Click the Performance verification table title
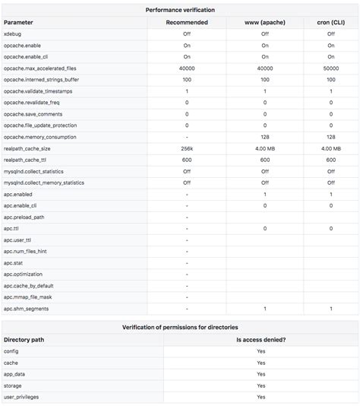click(x=180, y=10)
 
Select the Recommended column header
click(x=187, y=23)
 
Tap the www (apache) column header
click(x=264, y=23)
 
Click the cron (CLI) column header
click(x=330, y=23)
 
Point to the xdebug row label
click(x=13, y=34)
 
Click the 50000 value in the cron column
click(x=330, y=68)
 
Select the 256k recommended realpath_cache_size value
click(x=187, y=148)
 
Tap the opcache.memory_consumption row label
click(x=39, y=137)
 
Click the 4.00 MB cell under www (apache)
click(x=264, y=148)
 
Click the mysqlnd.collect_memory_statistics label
click(x=44, y=182)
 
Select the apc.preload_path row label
click(x=24, y=217)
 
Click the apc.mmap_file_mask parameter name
click(x=27, y=297)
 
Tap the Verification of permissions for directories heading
click(x=180, y=327)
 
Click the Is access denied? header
click(x=261, y=340)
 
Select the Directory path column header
click(x=27, y=340)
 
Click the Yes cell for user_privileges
click(x=261, y=397)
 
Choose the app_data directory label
click(x=14, y=374)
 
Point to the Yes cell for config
click(x=261, y=351)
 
